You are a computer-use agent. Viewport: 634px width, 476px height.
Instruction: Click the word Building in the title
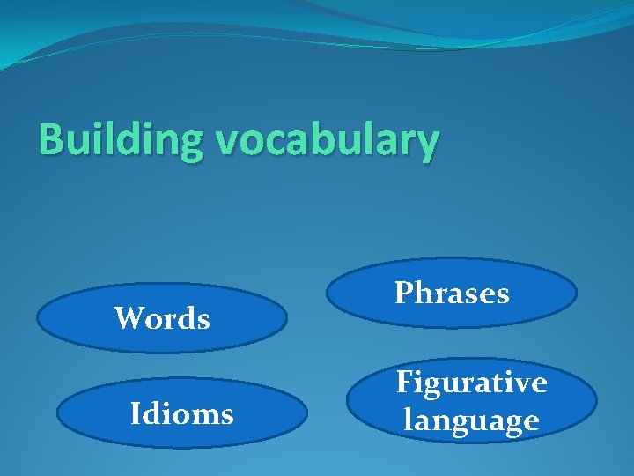coord(119,141)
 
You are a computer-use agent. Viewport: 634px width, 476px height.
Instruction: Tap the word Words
coord(162,318)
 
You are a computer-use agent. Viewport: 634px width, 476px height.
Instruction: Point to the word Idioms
coord(181,413)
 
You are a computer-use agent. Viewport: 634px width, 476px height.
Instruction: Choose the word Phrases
coord(452,293)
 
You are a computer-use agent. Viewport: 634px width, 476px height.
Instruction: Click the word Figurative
coord(471,383)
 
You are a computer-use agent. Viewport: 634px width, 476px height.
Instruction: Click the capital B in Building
coord(51,139)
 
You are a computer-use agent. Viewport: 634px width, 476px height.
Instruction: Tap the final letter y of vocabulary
coord(425,145)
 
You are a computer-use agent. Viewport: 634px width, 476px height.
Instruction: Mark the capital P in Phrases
coord(404,293)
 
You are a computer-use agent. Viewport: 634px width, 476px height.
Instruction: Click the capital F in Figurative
coord(405,383)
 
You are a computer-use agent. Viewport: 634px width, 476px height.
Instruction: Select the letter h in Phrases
coord(424,293)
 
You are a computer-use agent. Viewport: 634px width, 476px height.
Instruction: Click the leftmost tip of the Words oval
coord(38,317)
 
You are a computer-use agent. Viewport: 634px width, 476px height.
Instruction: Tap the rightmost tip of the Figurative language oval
coord(597,401)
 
